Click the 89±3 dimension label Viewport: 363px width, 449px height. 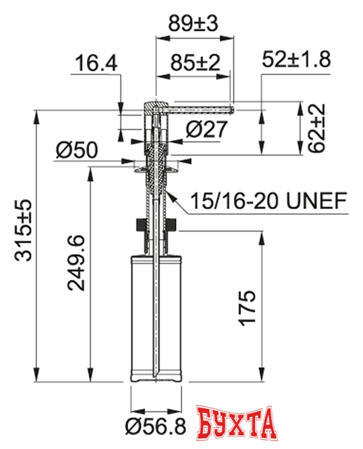pyautogui.click(x=194, y=23)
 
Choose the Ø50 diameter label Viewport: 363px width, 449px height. pyautogui.click(x=77, y=150)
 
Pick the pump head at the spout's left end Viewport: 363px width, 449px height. pyautogui.click(x=153, y=111)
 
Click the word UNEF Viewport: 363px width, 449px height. pyautogui.click(x=315, y=202)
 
